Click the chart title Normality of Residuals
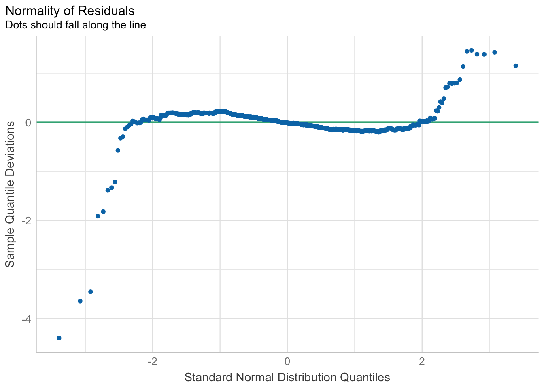[70, 10]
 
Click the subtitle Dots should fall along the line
[75, 25]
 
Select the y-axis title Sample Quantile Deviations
[10, 194]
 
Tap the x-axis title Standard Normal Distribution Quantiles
[287, 378]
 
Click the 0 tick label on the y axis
[28, 122]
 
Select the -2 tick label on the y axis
[26, 221]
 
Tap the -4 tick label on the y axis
[26, 319]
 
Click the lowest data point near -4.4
[59, 338]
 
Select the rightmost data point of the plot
[516, 66]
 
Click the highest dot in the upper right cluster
[472, 50]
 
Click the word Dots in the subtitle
[15, 25]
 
